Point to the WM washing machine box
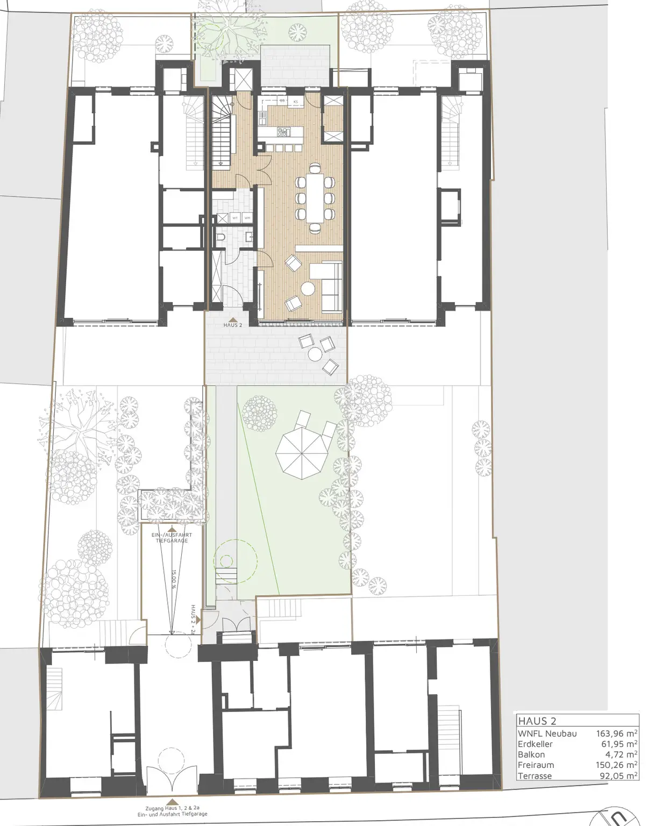tap(246, 218)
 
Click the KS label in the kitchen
tap(295, 101)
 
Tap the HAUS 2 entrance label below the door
tap(233, 325)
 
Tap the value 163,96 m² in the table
tap(616, 733)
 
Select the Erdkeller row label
tap(535, 744)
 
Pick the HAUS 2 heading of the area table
tap(537, 721)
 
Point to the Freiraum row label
tap(536, 765)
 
